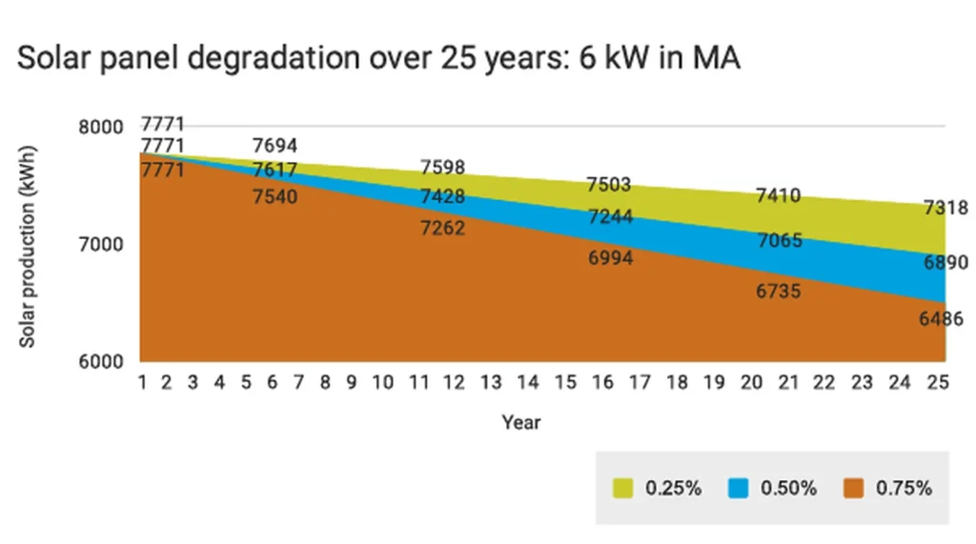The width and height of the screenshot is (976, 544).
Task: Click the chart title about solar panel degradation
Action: click(378, 58)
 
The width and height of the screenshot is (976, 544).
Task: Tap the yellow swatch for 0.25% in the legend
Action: click(623, 488)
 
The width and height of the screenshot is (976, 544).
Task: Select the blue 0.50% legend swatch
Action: click(738, 488)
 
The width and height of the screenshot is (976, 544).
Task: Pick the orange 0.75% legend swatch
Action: click(853, 488)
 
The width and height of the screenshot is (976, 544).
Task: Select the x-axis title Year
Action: click(521, 421)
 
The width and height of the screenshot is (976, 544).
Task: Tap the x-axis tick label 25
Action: click(938, 383)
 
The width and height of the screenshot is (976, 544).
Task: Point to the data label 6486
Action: click(941, 319)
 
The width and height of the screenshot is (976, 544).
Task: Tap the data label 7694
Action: click(275, 146)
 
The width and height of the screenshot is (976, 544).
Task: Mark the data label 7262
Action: click(443, 228)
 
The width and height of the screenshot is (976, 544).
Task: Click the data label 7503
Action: click(609, 184)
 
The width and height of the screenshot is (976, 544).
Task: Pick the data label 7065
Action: click(779, 241)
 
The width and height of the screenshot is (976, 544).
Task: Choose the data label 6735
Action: click(779, 292)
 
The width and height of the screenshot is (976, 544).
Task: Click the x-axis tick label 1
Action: click(142, 383)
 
